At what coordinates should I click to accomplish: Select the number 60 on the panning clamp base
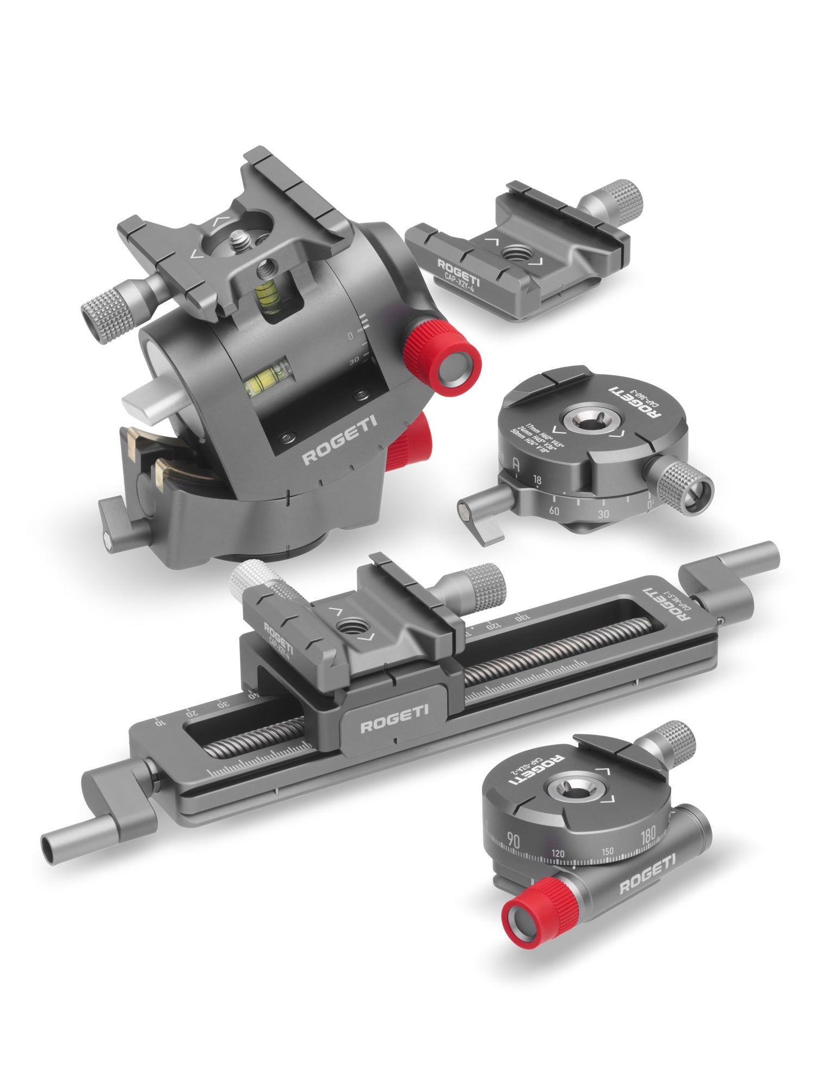pos(554,511)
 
